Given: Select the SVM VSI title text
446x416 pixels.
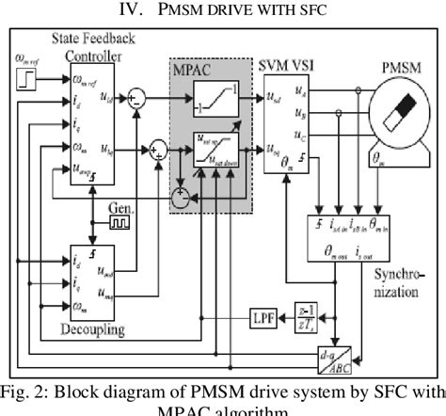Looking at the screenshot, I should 290,62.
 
